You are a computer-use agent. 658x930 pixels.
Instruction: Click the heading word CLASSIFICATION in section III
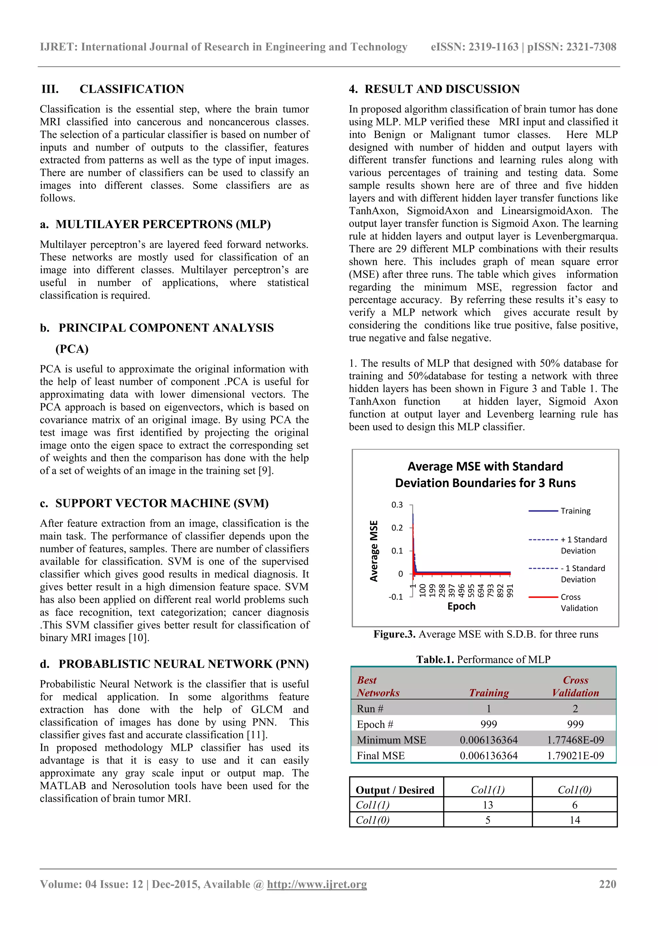tap(132, 89)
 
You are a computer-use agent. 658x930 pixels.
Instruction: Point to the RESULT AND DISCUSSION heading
tap(442, 89)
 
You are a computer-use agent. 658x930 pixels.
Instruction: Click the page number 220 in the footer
tap(607, 884)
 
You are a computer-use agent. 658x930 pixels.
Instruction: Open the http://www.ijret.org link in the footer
tap(317, 884)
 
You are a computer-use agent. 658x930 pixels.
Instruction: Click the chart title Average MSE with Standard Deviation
tap(485, 474)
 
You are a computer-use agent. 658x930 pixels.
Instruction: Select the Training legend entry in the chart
tap(575, 511)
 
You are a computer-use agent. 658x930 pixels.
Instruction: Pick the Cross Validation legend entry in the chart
tap(579, 602)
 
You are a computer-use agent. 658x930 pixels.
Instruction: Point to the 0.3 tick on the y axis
tap(397, 505)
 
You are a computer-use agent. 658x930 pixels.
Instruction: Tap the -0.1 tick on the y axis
tap(396, 597)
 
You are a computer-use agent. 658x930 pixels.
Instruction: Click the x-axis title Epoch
tap(461, 606)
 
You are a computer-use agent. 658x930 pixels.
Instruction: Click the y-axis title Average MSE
tap(374, 551)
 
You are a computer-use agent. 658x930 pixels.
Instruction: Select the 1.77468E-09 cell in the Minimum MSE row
tap(575, 740)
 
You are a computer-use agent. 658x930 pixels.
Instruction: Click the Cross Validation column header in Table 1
tap(575, 687)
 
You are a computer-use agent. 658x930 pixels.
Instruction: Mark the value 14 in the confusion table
tap(574, 820)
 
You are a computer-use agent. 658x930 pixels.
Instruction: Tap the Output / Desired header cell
tap(395, 790)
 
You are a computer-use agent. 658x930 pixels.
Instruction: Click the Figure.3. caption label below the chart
tap(394, 634)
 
